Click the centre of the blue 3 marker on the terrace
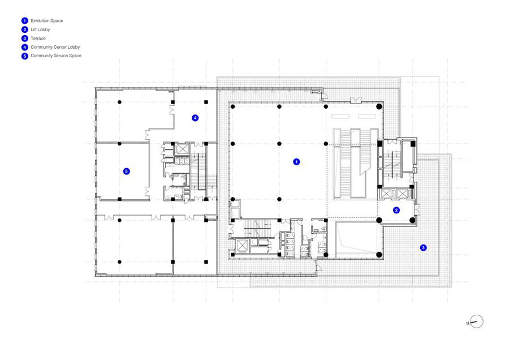[423, 247]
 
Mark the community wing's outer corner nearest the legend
[96, 88]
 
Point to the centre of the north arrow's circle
[477, 322]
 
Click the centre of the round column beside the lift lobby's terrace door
[412, 220]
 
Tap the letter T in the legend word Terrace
[32, 38]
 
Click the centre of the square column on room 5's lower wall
[119, 199]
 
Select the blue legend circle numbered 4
[25, 47]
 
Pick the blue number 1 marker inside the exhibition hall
[296, 162]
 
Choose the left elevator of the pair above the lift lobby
[387, 194]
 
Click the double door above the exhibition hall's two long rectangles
[356, 100]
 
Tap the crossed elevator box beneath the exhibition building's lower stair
[242, 246]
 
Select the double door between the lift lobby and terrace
[417, 209]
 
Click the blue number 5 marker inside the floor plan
[127, 172]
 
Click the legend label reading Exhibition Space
[47, 21]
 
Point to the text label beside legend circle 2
[40, 29]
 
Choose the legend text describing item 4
[55, 47]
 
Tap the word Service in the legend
[59, 56]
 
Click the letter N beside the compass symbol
[468, 323]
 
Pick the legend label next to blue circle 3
[38, 38]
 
